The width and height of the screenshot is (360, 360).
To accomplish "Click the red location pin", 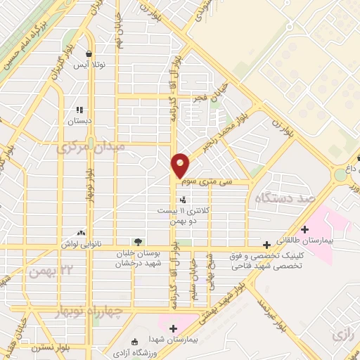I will (x=181, y=165).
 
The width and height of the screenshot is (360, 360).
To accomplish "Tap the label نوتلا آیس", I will (x=90, y=65).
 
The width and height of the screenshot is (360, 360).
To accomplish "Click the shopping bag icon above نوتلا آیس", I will (x=88, y=53).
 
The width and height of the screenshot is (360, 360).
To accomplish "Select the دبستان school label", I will (x=79, y=121).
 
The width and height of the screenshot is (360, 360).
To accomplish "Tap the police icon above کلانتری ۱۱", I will (x=184, y=200).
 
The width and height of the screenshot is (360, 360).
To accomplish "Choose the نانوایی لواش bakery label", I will (x=79, y=243).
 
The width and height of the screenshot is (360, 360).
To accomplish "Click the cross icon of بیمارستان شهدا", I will (x=173, y=327).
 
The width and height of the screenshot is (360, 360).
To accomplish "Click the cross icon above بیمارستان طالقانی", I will (x=304, y=229).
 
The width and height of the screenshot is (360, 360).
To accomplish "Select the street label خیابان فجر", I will (x=205, y=98).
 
